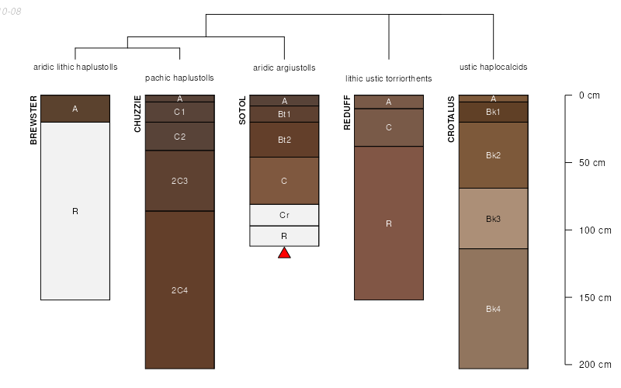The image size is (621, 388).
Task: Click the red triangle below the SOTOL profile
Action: (x=284, y=252)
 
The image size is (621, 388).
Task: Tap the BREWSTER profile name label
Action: (x=33, y=120)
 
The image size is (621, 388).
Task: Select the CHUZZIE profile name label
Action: (x=138, y=113)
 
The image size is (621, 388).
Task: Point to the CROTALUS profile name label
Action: (x=451, y=119)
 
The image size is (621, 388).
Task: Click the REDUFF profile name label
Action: (x=347, y=113)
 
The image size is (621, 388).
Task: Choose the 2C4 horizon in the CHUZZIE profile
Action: (x=179, y=290)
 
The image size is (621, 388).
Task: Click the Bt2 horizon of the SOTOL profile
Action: (x=284, y=140)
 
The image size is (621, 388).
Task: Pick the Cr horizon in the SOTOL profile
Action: (x=284, y=214)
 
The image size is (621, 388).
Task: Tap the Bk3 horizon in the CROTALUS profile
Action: (x=493, y=218)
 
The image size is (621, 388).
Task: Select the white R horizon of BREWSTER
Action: (x=75, y=211)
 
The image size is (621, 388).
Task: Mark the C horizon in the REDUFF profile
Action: (x=389, y=127)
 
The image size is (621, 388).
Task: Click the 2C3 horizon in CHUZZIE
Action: (x=179, y=181)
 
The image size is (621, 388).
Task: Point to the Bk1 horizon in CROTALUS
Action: (x=493, y=112)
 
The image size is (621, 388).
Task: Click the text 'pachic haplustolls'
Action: (x=179, y=78)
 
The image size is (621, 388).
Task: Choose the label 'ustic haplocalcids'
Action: (x=493, y=68)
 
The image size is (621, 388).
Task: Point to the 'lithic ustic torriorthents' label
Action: (x=389, y=79)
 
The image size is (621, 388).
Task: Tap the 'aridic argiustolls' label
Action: (x=284, y=68)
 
